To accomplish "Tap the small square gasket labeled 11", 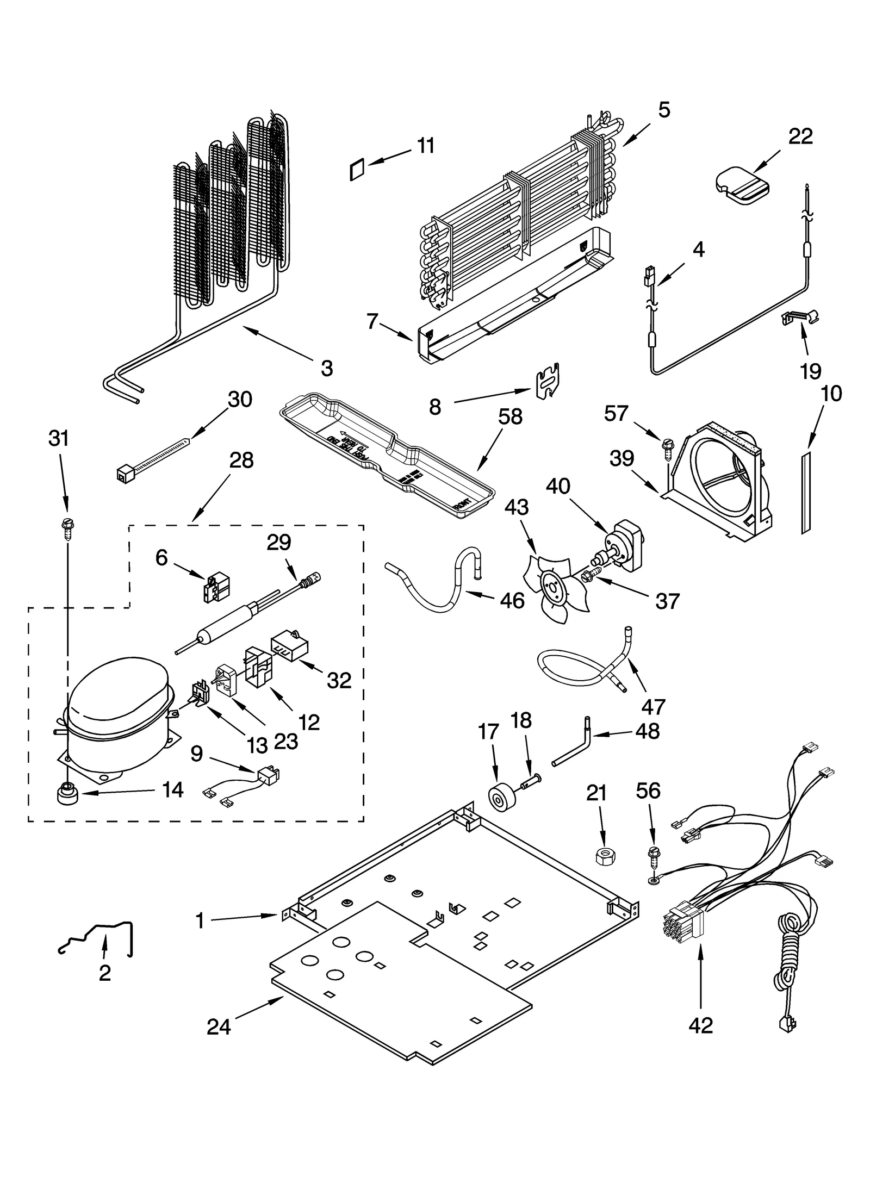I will pyautogui.click(x=356, y=170).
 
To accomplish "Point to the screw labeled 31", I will pyautogui.click(x=69, y=527).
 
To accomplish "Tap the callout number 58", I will pyautogui.click(x=509, y=417).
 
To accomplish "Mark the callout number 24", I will pyautogui.click(x=219, y=1027).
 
